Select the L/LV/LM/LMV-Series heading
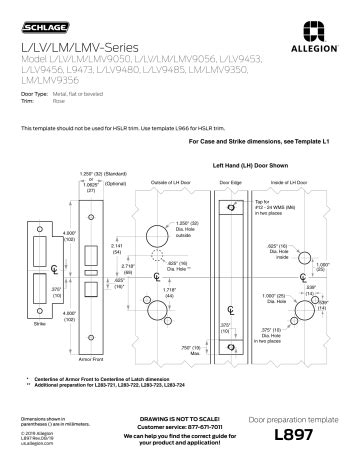pyautogui.click(x=68, y=48)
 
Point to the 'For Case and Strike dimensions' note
pyautogui.click(x=273, y=142)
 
